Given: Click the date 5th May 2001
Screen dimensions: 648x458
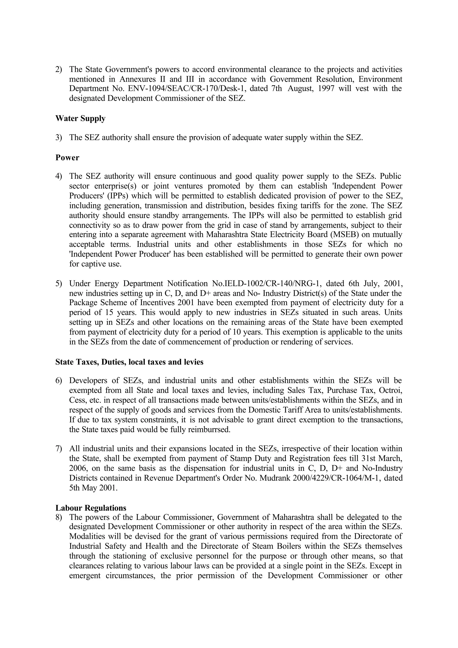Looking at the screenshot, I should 93,488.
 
